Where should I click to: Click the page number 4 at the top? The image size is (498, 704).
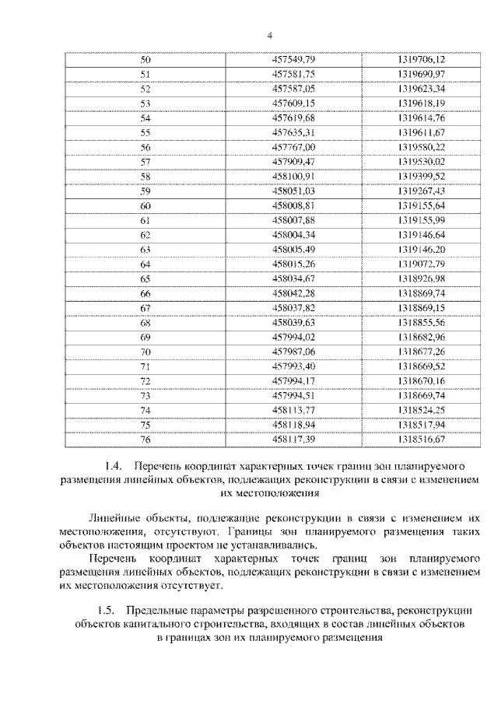(269, 35)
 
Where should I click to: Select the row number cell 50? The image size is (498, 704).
(145, 61)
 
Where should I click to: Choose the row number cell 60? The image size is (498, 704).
(145, 206)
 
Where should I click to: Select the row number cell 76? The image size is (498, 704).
(145, 439)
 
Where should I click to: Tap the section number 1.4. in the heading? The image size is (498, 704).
(114, 467)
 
